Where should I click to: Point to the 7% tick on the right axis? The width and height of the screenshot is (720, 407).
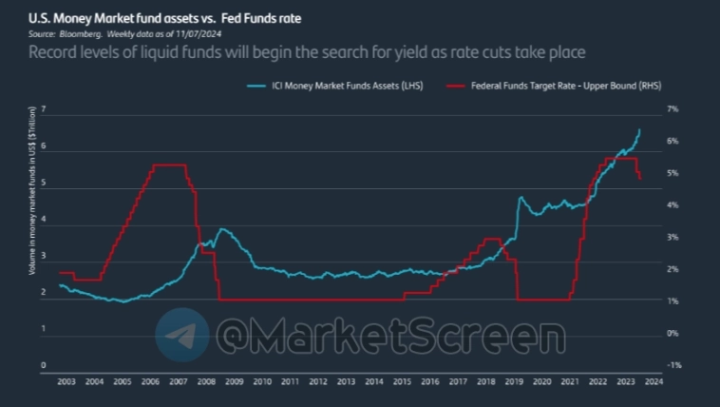[673, 109]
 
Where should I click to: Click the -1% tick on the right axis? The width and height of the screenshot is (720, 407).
[673, 365]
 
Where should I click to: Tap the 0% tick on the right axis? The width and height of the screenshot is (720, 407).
[673, 333]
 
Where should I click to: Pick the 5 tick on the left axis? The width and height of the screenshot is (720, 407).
[43, 187]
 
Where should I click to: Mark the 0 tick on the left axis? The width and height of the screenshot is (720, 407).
[43, 365]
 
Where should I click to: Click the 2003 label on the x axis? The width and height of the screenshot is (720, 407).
[66, 382]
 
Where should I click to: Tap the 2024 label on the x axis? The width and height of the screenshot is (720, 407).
[654, 382]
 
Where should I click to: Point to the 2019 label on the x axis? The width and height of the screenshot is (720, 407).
[514, 382]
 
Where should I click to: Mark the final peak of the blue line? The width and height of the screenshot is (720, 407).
[639, 129]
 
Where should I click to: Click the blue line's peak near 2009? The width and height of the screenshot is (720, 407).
[222, 229]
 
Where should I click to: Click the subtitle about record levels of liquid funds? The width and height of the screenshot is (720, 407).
[306, 52]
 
